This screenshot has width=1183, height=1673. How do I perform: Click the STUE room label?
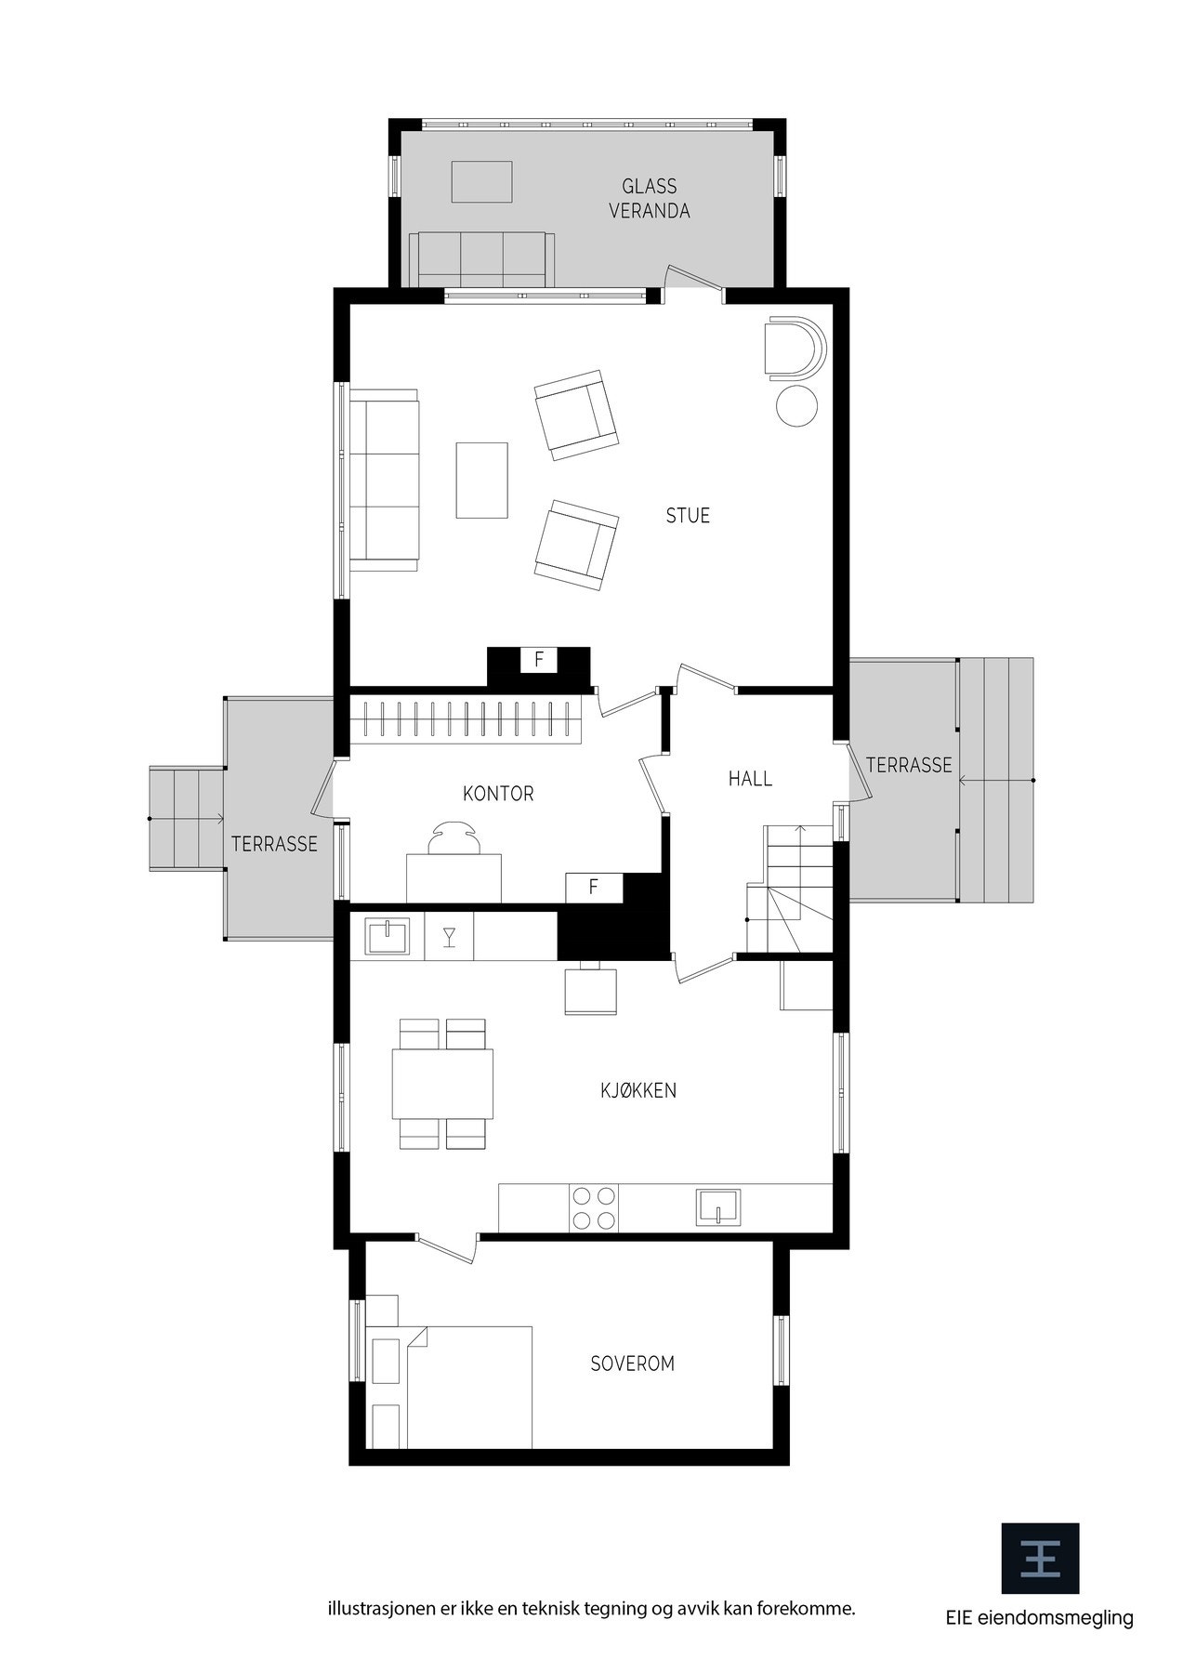point(688,516)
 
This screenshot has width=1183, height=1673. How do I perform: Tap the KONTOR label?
point(498,794)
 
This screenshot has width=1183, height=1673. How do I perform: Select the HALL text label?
point(750,779)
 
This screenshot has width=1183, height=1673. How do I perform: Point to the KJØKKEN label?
point(638,1090)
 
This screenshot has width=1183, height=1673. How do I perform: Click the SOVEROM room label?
point(633,1363)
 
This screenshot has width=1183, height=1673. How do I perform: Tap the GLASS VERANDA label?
point(650,199)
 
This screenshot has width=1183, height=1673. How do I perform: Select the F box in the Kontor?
point(594,888)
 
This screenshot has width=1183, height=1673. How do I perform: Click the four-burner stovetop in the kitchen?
point(593,1208)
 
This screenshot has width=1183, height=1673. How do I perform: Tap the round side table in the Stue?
point(796,406)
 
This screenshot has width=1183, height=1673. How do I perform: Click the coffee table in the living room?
point(481,480)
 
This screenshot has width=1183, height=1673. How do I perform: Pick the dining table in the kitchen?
point(442,1084)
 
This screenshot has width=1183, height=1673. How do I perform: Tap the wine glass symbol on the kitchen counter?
point(449,936)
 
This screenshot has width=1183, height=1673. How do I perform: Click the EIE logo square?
point(1040,1559)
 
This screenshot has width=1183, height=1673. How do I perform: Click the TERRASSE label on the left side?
point(274,844)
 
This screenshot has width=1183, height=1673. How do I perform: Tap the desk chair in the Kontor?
point(454,837)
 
